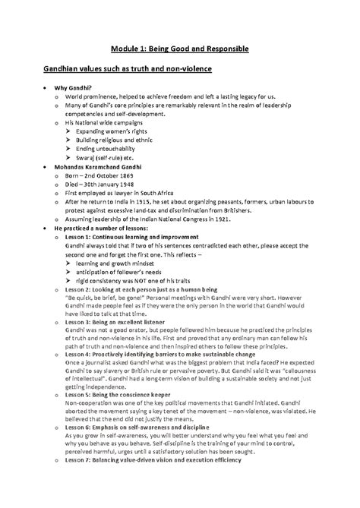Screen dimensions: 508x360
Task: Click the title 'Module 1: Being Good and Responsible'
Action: (180, 49)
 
